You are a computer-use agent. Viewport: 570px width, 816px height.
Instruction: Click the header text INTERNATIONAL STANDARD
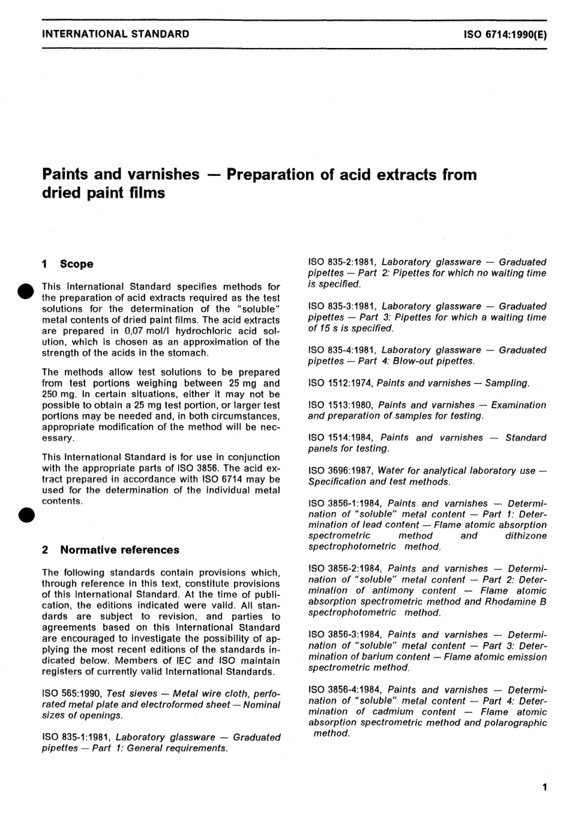pyautogui.click(x=116, y=34)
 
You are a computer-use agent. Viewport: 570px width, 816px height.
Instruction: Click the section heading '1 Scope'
pyautogui.click(x=68, y=264)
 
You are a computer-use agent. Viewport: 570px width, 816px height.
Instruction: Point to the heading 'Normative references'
pyautogui.click(x=119, y=550)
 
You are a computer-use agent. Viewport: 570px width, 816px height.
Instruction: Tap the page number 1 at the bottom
pyautogui.click(x=544, y=787)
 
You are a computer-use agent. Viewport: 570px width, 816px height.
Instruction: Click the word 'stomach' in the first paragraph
pyautogui.click(x=188, y=353)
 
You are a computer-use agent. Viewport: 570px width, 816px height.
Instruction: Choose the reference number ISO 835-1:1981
pyautogui.click(x=76, y=737)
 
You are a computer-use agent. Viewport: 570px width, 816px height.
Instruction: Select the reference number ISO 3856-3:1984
pyautogui.click(x=346, y=635)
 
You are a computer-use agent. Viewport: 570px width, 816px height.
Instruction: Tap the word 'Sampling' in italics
pyautogui.click(x=508, y=383)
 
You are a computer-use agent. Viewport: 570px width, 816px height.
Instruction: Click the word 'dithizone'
pyautogui.click(x=526, y=536)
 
